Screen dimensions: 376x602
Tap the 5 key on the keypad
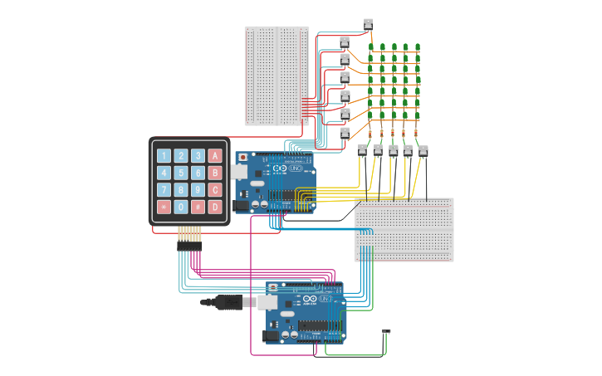[181, 173]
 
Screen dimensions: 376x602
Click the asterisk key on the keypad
[164, 207]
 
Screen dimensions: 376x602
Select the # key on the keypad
[198, 207]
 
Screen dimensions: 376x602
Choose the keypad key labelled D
[215, 207]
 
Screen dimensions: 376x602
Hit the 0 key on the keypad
[181, 207]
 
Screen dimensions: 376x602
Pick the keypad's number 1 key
[164, 156]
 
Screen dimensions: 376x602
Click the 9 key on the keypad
[198, 190]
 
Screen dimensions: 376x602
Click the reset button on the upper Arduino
[242, 157]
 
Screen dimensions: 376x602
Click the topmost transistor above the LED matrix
[368, 23]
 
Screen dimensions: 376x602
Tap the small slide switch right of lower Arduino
[386, 333]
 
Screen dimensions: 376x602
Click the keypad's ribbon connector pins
[188, 247]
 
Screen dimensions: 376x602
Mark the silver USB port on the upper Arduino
[239, 172]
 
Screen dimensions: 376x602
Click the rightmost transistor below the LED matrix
[423, 150]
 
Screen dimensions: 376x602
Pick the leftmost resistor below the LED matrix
[370, 132]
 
